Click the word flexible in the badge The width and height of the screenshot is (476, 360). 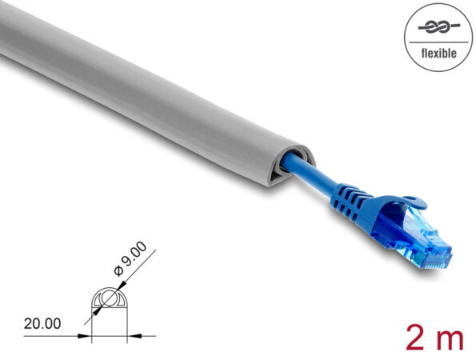point(438,53)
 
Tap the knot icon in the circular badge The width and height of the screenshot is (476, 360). point(437,27)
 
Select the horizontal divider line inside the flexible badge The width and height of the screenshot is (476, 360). point(438,41)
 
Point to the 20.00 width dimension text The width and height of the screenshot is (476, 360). point(42,323)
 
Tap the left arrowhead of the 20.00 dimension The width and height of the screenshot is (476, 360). point(88,334)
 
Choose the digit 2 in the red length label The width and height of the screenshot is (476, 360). point(417,337)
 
